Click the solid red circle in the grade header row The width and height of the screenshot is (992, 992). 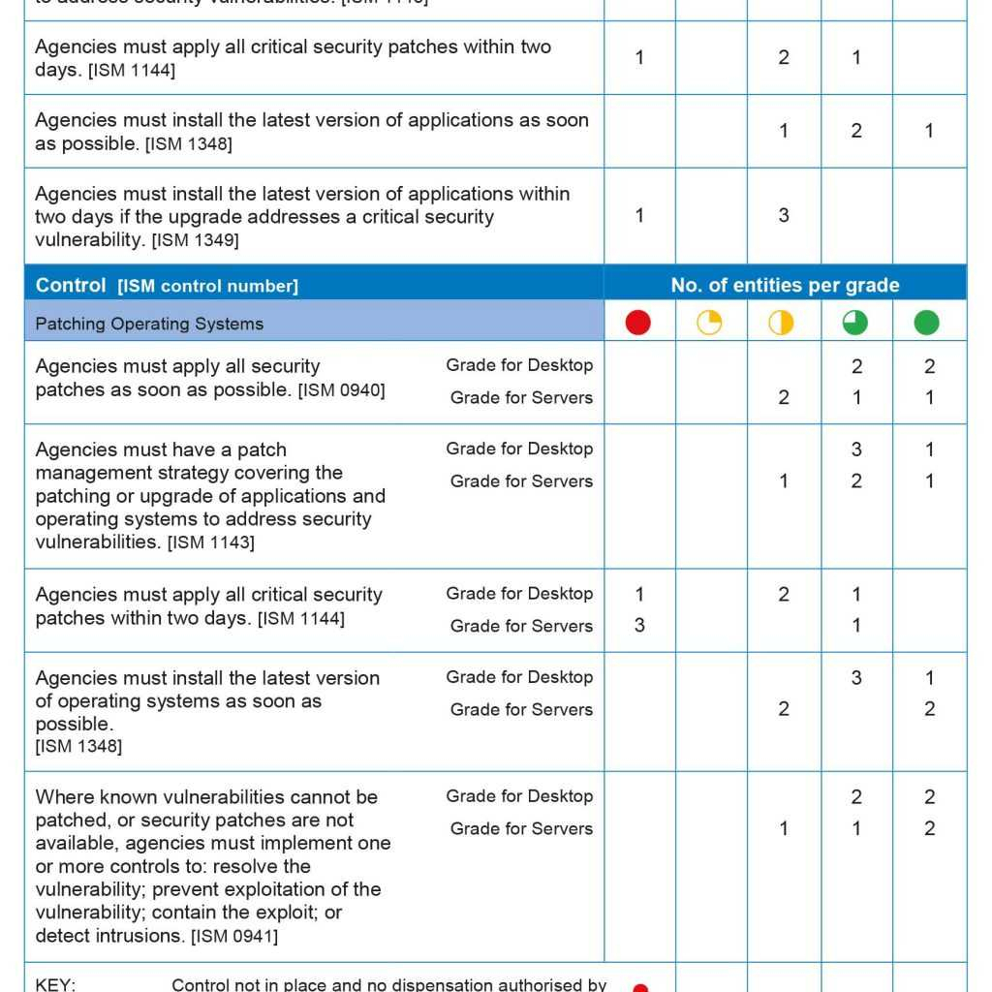coord(638,323)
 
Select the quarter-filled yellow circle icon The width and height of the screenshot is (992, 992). coord(710,323)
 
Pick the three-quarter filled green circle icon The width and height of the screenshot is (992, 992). coord(855,323)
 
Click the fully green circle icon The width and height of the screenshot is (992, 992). coord(927,323)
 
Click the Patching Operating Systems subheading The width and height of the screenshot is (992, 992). coord(149,324)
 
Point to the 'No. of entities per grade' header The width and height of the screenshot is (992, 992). coord(785,285)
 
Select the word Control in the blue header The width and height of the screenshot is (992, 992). coord(71,285)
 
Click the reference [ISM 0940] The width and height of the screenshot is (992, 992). coord(341,390)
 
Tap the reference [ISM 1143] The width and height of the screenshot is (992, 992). coord(211,542)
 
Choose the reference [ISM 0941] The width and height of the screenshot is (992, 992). coord(234,936)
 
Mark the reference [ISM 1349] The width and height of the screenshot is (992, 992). coord(195,240)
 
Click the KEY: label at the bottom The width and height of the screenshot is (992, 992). coord(55,984)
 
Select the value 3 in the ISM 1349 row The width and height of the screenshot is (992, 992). coord(784,216)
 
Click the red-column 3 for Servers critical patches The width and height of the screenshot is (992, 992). coord(639,626)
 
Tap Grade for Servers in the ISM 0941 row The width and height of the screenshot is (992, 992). coord(521,828)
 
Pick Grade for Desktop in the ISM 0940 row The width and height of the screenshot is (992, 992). coord(519,365)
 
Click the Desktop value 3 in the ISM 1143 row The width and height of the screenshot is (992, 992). coord(856,449)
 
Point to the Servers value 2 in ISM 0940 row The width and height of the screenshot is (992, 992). coord(784,397)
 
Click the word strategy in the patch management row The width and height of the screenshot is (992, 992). coord(303,473)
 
